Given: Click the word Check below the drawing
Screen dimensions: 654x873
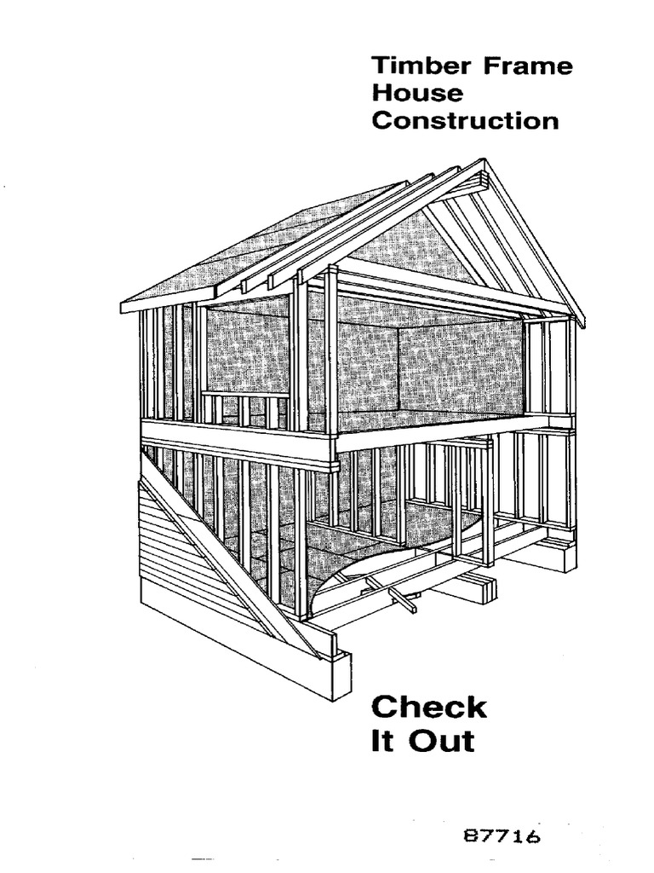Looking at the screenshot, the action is [428, 708].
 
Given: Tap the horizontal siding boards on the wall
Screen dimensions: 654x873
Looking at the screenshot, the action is [183, 563].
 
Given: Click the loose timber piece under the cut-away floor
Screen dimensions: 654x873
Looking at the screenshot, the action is [400, 595].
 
